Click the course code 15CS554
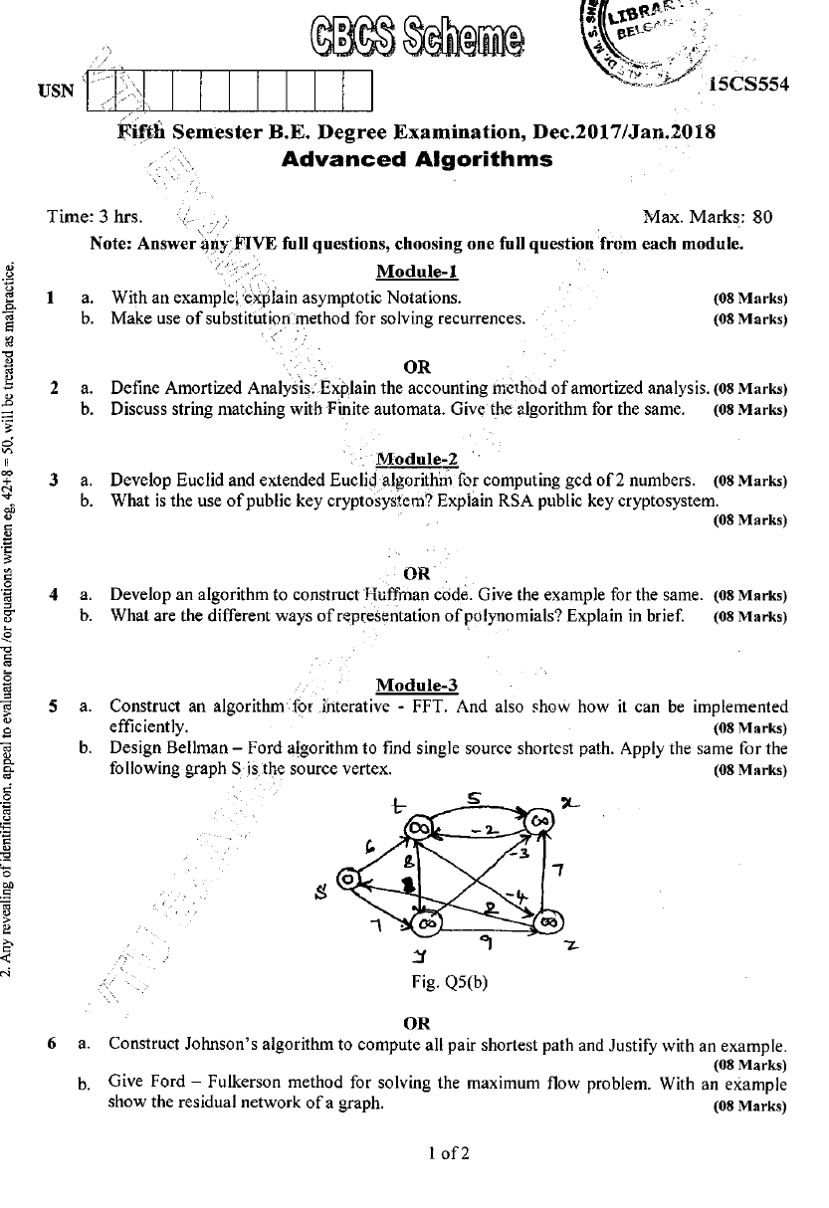[x=747, y=85]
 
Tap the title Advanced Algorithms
[x=417, y=159]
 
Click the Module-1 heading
[x=417, y=272]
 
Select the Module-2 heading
[x=417, y=459]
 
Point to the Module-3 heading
[x=417, y=685]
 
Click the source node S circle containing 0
[x=348, y=880]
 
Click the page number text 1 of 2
[x=448, y=1154]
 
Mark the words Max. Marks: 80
[x=709, y=217]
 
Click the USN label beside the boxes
[x=56, y=92]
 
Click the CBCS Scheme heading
[x=417, y=38]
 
